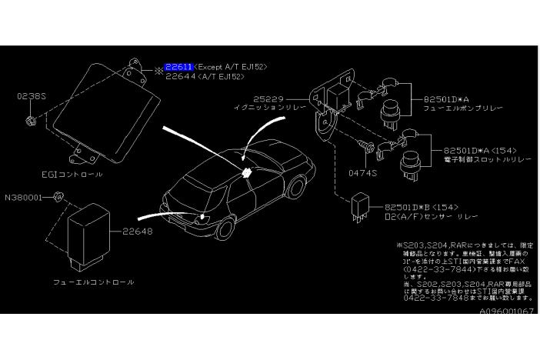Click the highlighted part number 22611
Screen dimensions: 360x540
click(x=178, y=67)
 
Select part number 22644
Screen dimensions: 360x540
click(x=178, y=76)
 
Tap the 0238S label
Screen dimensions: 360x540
click(x=29, y=98)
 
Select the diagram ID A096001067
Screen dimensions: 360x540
click(x=506, y=312)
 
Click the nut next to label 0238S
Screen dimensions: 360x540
click(x=29, y=122)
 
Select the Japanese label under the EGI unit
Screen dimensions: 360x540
click(x=74, y=175)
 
